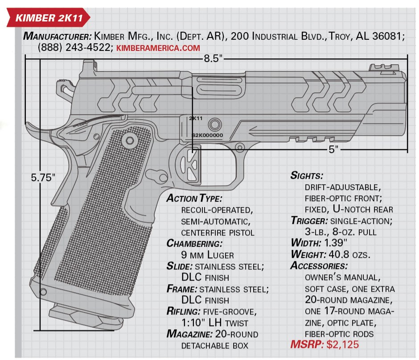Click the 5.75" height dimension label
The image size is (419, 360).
(43, 177)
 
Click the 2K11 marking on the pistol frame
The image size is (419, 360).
(196, 119)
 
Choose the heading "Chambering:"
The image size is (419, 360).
(194, 244)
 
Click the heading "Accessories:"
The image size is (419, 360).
(319, 266)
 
